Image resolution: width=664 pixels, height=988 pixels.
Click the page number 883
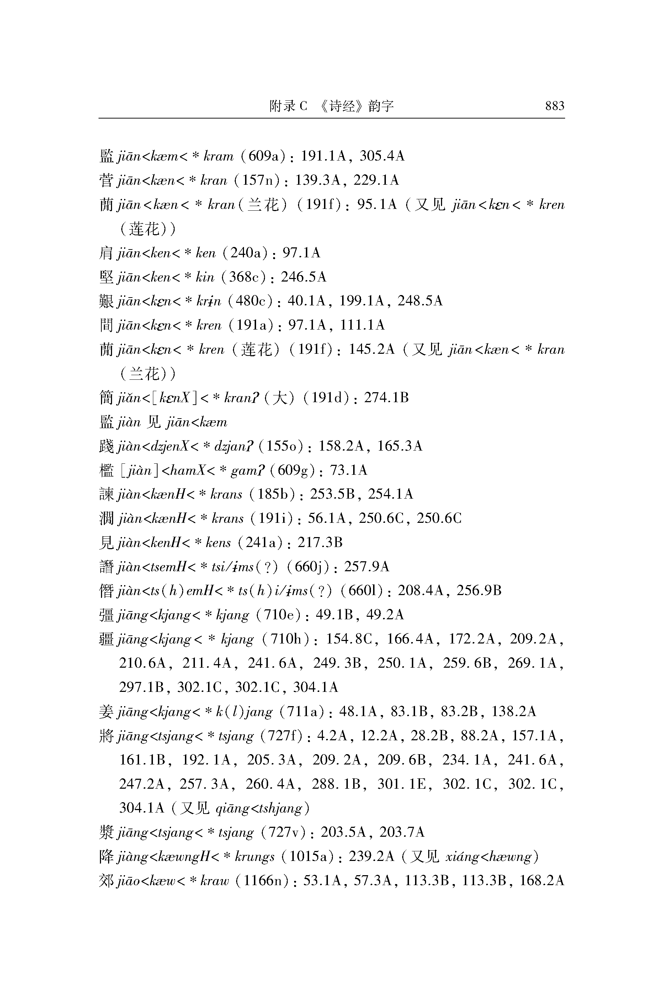click(554, 105)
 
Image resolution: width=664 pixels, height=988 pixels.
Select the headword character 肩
click(106, 253)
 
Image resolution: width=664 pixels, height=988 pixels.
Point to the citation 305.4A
click(382, 156)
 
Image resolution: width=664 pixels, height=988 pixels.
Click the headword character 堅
click(106, 277)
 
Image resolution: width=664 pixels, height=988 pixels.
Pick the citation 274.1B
click(386, 398)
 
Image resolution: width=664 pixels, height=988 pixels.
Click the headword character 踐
click(106, 446)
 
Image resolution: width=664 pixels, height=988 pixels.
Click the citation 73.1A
click(348, 470)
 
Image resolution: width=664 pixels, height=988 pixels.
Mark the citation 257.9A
click(367, 567)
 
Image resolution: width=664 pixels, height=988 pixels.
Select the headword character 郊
click(106, 881)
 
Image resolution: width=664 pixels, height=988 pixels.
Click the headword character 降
click(106, 857)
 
